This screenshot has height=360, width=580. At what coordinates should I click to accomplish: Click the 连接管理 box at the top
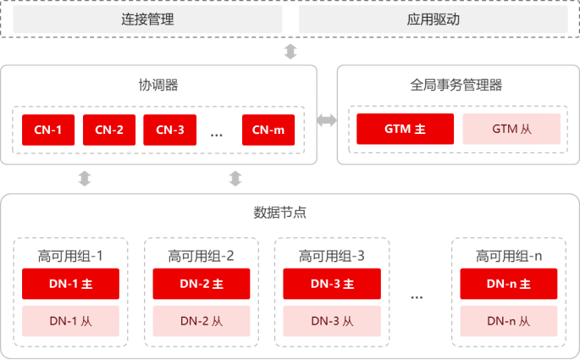[x=147, y=19]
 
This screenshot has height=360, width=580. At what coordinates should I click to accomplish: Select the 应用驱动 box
[x=433, y=19]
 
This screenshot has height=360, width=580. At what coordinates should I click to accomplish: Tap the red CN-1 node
[x=48, y=130]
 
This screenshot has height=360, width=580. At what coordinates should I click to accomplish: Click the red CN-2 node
[x=109, y=130]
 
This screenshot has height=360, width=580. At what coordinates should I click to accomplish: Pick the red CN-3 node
[x=170, y=130]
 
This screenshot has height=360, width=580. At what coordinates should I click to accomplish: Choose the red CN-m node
[x=268, y=130]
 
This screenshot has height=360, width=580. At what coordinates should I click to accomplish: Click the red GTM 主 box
[x=405, y=129]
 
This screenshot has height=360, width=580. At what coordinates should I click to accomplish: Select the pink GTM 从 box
[x=511, y=129]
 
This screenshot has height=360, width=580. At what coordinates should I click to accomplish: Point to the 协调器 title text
[x=158, y=85]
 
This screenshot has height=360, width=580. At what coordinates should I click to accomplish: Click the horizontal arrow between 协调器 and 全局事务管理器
[x=327, y=120]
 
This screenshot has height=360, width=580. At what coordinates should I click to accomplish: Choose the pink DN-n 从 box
[x=509, y=320]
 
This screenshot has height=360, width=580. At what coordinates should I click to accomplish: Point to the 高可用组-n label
[x=509, y=255]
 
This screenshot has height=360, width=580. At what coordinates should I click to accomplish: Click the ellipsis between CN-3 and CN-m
[x=216, y=132]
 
